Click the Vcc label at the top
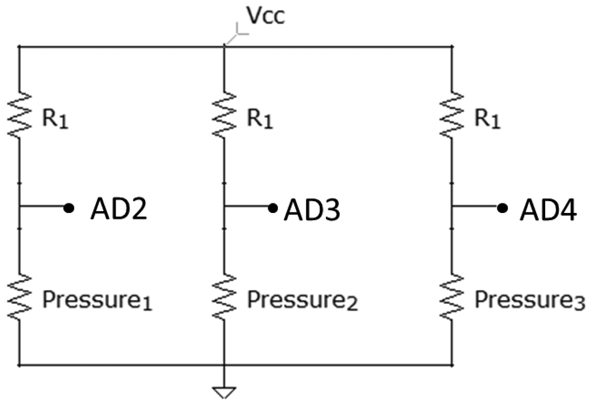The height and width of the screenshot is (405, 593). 265,16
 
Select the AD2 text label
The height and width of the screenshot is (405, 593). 119,209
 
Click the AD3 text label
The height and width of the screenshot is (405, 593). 312,210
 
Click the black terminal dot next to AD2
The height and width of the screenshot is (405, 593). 69,208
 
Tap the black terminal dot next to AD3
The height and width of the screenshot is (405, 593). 273,208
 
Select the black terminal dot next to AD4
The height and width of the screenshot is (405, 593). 502,208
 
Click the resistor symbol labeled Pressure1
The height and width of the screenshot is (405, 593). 19,297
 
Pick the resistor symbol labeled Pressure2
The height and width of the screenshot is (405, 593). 224,297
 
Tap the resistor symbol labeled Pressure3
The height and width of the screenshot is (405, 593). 451,297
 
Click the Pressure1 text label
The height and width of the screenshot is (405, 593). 97,300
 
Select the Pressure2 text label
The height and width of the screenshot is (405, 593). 302,300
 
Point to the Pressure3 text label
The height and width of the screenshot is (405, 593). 530,300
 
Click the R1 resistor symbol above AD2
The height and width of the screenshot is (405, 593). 19,115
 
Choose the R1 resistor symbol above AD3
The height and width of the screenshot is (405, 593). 224,115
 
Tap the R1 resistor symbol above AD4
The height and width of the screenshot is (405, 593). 451,115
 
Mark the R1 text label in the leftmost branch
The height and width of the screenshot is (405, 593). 55,119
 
